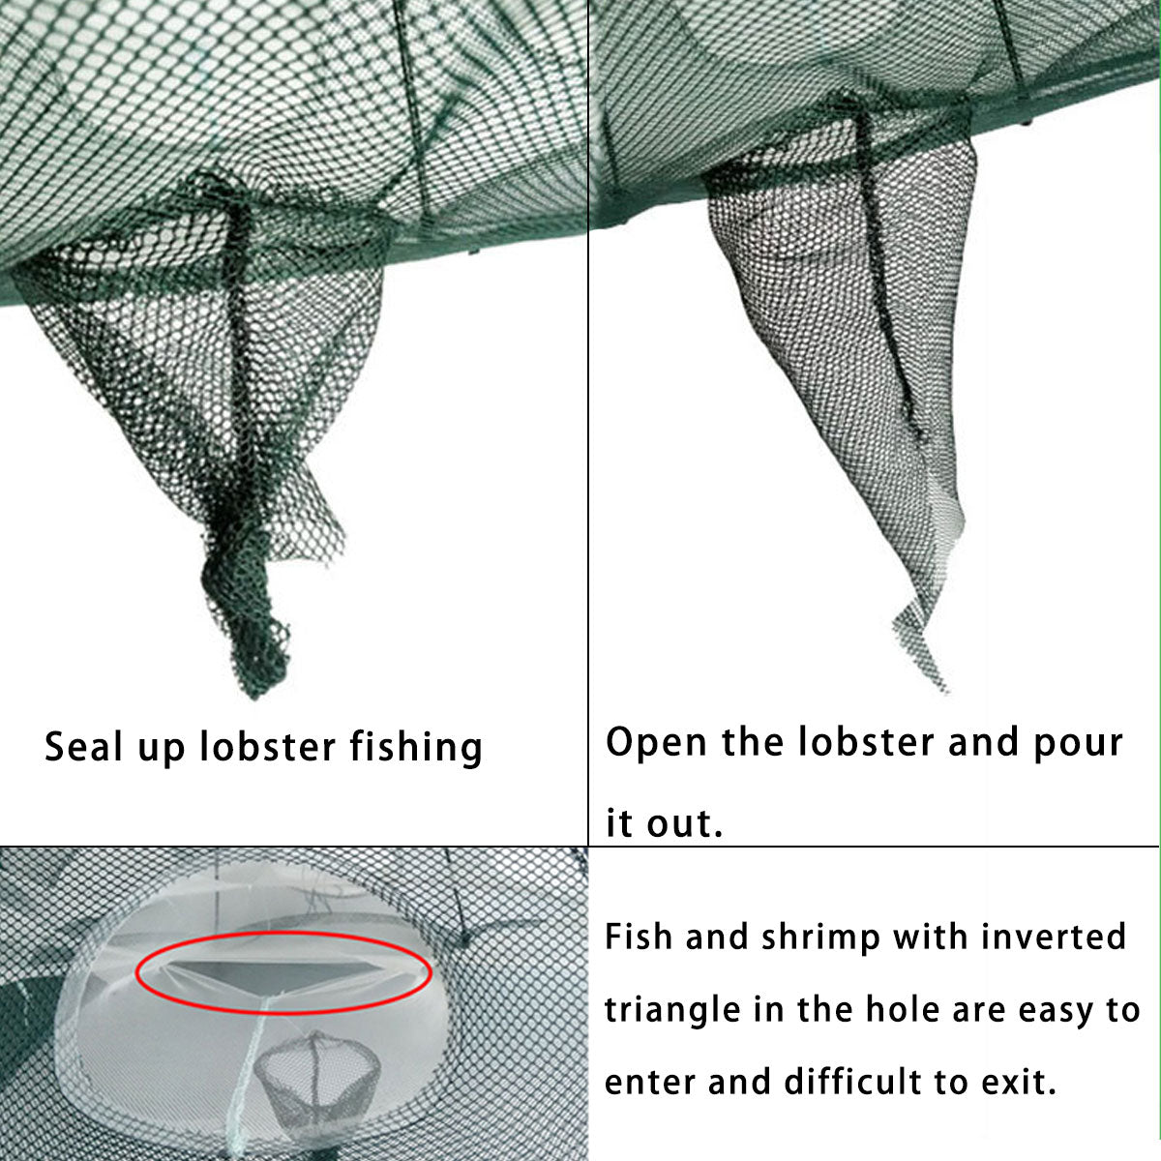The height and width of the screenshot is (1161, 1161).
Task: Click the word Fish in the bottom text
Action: pyautogui.click(x=640, y=937)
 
